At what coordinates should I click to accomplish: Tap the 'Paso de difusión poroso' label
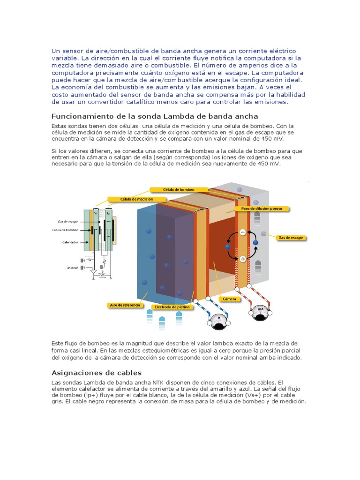point(261,208)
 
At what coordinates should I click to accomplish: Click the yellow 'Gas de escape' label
point(291,238)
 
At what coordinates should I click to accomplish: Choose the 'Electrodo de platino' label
point(168,307)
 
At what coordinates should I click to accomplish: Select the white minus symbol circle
point(243,232)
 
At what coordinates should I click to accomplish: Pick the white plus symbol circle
point(243,259)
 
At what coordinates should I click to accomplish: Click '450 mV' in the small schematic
point(73,268)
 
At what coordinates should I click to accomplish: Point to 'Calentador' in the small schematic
point(70,242)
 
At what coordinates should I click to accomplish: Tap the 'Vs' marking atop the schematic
point(96,212)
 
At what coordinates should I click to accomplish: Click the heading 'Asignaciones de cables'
point(96,373)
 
